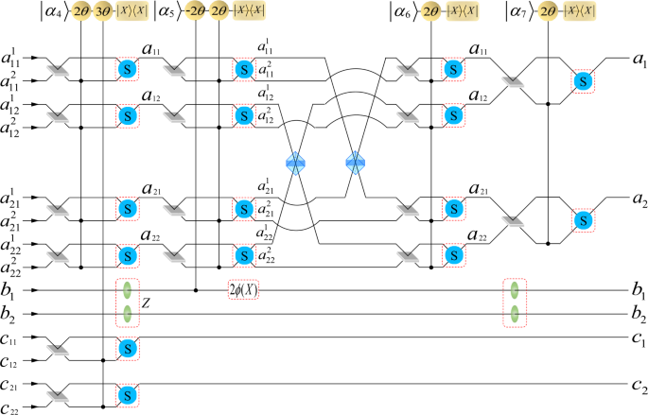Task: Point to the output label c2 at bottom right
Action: [639, 387]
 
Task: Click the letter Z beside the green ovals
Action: [147, 303]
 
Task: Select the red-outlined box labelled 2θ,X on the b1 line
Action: [243, 290]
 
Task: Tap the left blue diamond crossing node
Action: [297, 162]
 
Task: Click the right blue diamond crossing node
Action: [355, 162]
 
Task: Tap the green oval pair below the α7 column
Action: [514, 302]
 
